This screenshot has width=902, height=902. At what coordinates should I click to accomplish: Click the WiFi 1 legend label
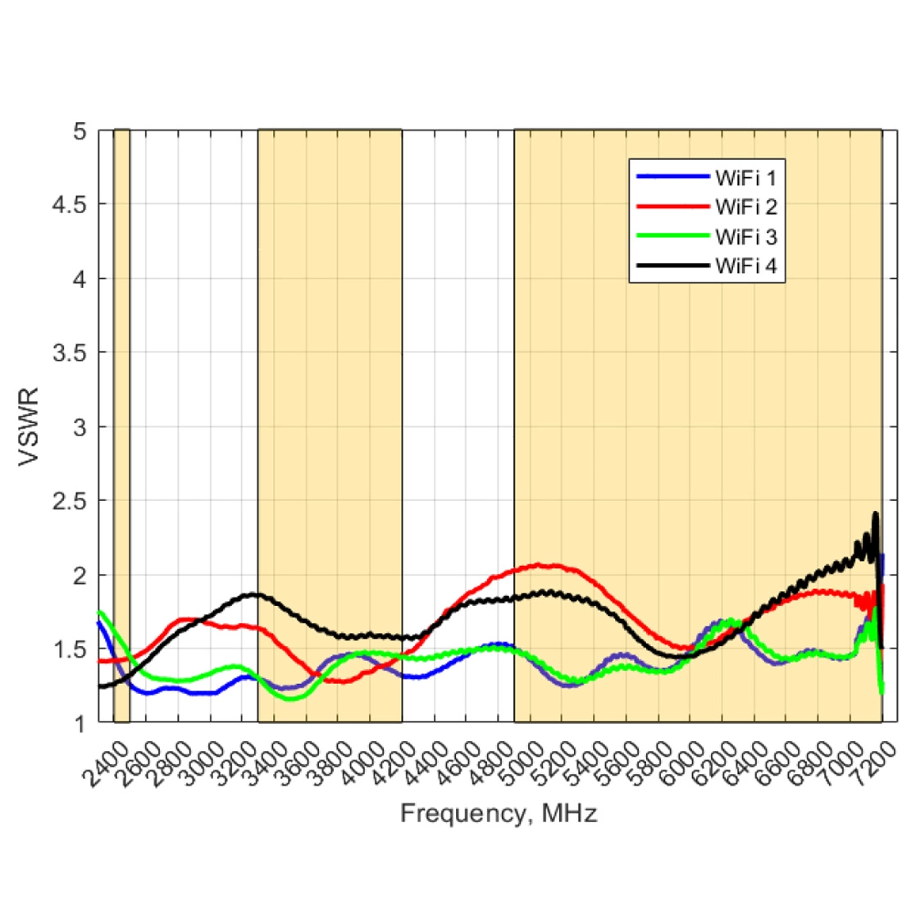click(x=745, y=176)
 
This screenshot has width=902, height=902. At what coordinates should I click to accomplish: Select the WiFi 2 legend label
click(x=745, y=206)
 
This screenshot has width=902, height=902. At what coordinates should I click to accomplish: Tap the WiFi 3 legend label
click(x=745, y=237)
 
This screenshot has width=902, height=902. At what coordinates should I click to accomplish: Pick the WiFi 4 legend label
click(x=745, y=266)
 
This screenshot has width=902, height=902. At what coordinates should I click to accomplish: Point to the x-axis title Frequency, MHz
click(x=499, y=813)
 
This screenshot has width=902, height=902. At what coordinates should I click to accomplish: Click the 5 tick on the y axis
click(x=79, y=130)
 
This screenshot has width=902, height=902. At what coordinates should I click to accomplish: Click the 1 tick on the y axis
click(x=80, y=724)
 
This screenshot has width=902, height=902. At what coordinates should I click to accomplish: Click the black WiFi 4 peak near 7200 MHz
click(x=875, y=514)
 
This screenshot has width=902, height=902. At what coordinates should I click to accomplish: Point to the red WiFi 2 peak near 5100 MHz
click(x=540, y=565)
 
